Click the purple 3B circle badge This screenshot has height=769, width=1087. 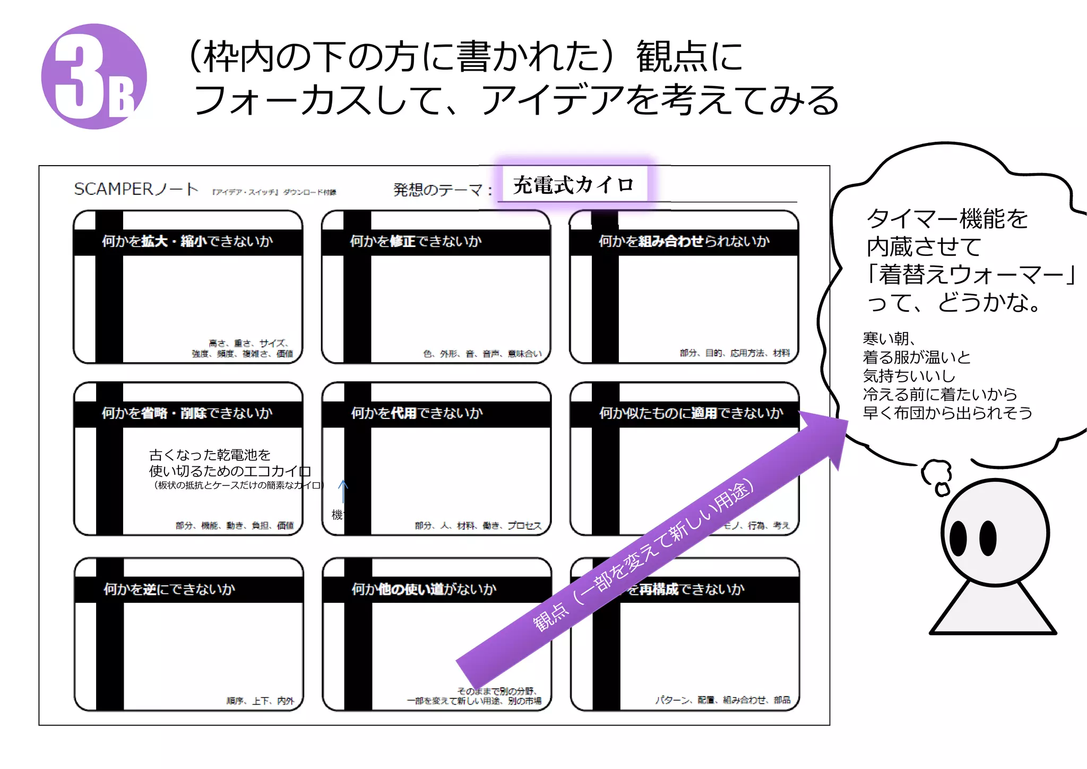click(94, 76)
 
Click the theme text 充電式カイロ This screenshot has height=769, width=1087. click(573, 185)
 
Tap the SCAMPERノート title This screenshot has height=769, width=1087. click(136, 189)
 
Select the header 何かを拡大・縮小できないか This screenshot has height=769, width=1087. click(187, 242)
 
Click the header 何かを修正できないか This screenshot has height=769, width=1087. click(416, 242)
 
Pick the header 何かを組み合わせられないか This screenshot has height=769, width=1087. click(684, 242)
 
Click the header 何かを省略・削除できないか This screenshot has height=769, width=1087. click(187, 413)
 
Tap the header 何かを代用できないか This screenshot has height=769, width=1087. click(417, 413)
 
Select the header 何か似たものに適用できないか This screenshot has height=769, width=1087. click(691, 413)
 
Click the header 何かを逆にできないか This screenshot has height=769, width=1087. click(169, 589)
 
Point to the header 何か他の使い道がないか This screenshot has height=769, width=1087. click(424, 589)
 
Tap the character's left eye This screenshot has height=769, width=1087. click(958, 537)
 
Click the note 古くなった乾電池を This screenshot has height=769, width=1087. click(210, 455)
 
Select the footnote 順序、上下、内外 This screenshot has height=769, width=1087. click(260, 701)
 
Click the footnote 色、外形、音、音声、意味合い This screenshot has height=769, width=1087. click(482, 354)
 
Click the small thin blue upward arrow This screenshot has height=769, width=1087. click(343, 491)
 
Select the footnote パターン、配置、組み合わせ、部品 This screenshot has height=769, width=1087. click(722, 700)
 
